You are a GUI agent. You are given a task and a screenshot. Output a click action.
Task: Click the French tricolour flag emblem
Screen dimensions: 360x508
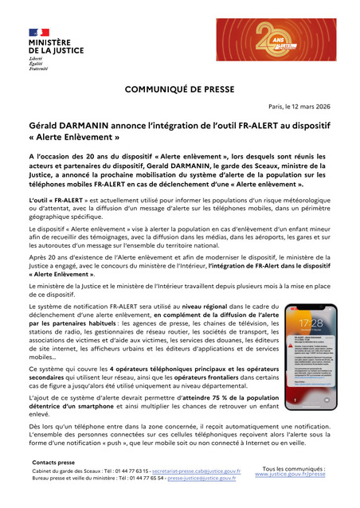(x=39, y=29)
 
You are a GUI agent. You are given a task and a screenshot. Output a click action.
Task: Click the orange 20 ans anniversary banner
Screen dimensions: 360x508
(x=276, y=39)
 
